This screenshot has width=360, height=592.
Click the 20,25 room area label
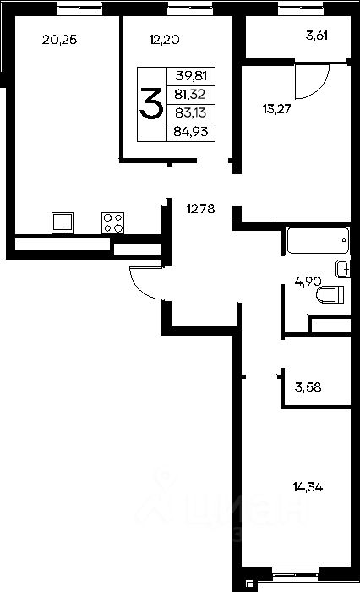60,39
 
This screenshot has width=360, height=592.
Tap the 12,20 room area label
164,39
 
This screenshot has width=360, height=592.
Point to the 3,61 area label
317,36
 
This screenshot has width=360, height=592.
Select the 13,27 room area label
276,109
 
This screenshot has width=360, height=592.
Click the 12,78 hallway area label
201,208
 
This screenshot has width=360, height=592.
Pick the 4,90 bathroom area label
308,282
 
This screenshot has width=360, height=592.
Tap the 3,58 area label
308,387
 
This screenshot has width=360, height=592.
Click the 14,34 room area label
308,487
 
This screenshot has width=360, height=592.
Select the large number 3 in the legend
151,103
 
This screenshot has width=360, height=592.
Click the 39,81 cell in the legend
191,76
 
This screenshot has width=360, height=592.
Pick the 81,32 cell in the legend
190,94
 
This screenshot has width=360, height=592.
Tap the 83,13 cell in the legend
191,112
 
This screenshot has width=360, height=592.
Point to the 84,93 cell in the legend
191,131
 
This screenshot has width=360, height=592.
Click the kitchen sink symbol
63,222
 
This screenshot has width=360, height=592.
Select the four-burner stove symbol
113,222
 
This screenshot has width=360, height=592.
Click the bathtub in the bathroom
318,240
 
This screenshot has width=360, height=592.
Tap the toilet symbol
330,295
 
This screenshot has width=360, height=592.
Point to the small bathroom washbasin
342,269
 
